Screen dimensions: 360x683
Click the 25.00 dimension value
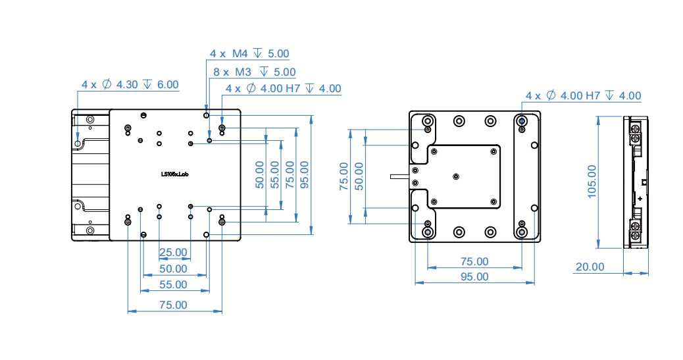[x=173, y=252]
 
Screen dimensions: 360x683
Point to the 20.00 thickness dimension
[x=590, y=267]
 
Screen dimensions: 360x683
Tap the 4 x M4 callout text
[x=249, y=54]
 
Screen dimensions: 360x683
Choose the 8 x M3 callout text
[x=255, y=72]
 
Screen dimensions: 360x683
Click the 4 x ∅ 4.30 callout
[x=130, y=85]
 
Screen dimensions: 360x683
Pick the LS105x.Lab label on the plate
[x=175, y=174]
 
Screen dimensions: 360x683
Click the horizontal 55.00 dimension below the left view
[x=173, y=285]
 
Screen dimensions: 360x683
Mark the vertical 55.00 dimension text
[x=275, y=175]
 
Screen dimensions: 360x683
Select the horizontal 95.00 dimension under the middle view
[x=474, y=277]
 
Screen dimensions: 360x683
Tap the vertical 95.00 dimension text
[x=305, y=175]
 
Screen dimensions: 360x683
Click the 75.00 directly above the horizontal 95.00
[x=474, y=262]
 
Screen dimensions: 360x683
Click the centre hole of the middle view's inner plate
[x=457, y=176]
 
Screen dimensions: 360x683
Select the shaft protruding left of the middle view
[x=399, y=176]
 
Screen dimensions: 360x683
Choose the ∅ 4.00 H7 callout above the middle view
[x=583, y=96]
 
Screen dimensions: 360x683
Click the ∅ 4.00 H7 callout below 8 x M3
[x=283, y=89]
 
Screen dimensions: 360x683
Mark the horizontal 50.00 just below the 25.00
[x=173, y=269]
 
